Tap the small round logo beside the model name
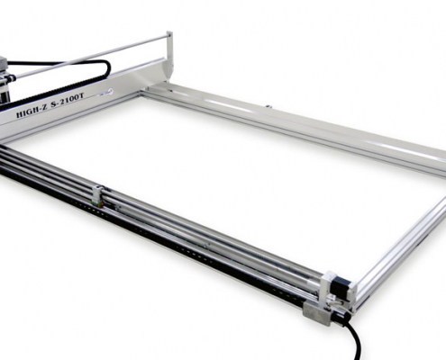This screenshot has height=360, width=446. tap(109, 90)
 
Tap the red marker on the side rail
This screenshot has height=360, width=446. tap(102, 205)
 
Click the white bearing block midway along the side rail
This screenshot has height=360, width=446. tap(98, 193)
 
